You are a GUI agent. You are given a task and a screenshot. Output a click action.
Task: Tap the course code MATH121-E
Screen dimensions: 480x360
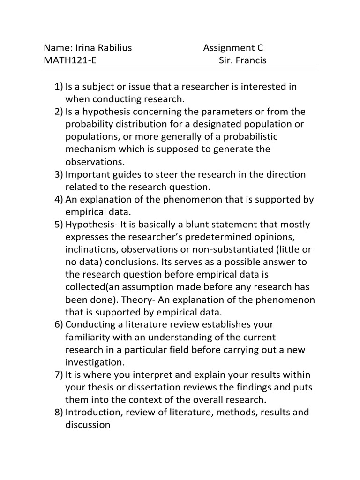[71, 60]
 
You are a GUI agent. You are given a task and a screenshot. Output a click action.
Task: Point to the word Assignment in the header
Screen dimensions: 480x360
[227, 48]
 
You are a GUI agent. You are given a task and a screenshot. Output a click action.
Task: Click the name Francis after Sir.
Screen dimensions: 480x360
[251, 60]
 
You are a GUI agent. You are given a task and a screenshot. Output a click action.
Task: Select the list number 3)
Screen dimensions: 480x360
[59, 174]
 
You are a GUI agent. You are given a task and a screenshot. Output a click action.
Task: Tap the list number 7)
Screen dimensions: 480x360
[59, 375]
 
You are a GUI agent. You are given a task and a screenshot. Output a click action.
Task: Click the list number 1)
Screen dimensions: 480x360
[59, 87]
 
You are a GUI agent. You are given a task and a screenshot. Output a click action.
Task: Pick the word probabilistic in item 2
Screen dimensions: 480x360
[250, 136]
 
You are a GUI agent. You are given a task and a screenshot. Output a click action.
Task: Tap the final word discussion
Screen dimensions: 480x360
[88, 425]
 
